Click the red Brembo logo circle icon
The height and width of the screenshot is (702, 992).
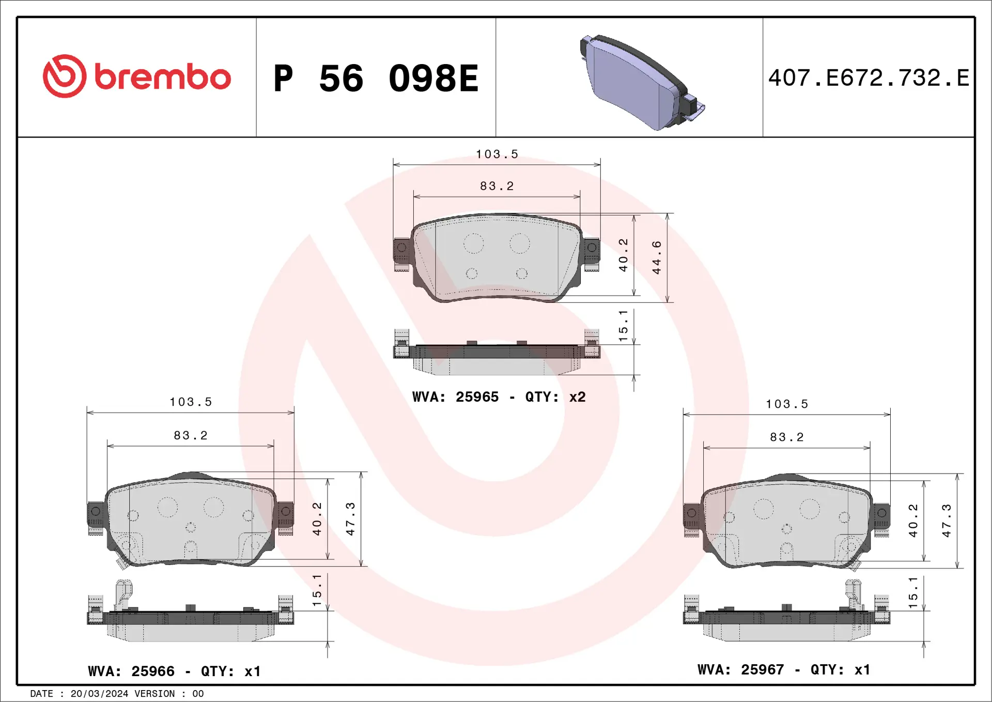click(64, 77)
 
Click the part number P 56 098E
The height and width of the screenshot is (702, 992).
click(376, 79)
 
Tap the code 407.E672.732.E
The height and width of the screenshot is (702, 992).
click(868, 78)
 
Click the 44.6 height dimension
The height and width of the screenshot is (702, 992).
click(657, 257)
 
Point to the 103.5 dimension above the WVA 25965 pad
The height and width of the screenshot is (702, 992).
click(497, 154)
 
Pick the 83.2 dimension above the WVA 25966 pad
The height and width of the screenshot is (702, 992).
click(190, 435)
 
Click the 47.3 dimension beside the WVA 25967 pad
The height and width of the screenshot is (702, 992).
click(947, 520)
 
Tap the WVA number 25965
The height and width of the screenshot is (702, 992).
click(477, 397)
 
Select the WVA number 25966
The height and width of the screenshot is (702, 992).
click(153, 671)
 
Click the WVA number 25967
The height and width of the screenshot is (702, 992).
click(762, 669)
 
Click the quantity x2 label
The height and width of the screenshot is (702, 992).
click(577, 397)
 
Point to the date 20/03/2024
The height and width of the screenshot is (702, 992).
click(99, 694)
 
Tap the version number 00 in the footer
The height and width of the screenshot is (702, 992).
click(198, 694)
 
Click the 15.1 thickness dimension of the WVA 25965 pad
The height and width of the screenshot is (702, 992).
click(624, 326)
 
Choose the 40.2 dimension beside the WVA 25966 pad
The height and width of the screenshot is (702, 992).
click(317, 518)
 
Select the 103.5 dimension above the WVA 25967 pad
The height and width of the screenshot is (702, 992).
click(786, 404)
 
